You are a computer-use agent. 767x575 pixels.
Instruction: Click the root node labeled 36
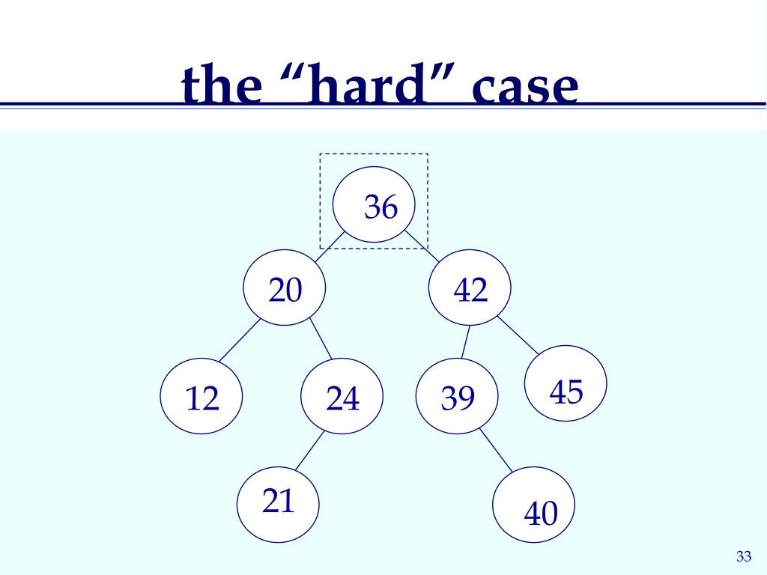pyautogui.click(x=374, y=205)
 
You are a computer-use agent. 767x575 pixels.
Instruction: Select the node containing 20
pyautogui.click(x=285, y=289)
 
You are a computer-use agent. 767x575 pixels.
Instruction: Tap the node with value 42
pyautogui.click(x=470, y=289)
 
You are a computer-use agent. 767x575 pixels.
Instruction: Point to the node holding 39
pyautogui.click(x=458, y=397)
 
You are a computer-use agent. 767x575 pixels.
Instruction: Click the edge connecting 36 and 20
pyautogui.click(x=330, y=246)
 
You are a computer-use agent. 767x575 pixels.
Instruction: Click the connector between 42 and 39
pyautogui.click(x=465, y=342)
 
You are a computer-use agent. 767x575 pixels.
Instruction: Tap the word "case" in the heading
pyautogui.click(x=524, y=88)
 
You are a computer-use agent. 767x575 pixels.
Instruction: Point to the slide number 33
pyautogui.click(x=743, y=556)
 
